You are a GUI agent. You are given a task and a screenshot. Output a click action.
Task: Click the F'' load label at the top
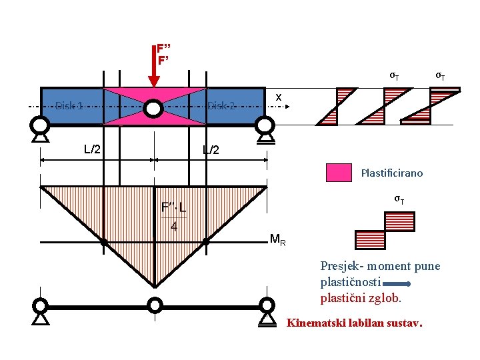pyautogui.click(x=164, y=48)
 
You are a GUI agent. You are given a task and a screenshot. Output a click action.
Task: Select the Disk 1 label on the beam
pyautogui.click(x=69, y=105)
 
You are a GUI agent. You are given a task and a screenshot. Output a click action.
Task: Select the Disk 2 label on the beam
pyautogui.click(x=221, y=105)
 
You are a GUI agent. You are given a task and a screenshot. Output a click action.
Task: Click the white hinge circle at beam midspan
pyautogui.click(x=154, y=107)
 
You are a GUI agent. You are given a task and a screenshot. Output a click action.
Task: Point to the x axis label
pyautogui.click(x=279, y=97)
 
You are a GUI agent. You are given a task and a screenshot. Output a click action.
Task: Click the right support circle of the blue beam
pyautogui.click(x=266, y=125)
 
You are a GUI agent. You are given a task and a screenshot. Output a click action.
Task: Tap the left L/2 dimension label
pyautogui.click(x=92, y=149)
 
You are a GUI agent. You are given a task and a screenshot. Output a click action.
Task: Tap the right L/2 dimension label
pyautogui.click(x=211, y=150)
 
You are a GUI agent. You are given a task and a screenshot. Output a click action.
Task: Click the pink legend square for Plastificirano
pyautogui.click(x=339, y=173)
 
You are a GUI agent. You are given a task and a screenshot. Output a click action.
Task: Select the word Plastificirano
pyautogui.click(x=391, y=173)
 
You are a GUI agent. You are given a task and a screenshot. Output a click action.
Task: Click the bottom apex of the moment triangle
pyautogui.click(x=154, y=287)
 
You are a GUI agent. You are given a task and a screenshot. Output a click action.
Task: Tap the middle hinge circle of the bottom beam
pyautogui.click(x=154, y=305)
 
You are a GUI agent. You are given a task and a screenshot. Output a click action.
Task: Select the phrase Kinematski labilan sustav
pyautogui.click(x=354, y=323)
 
